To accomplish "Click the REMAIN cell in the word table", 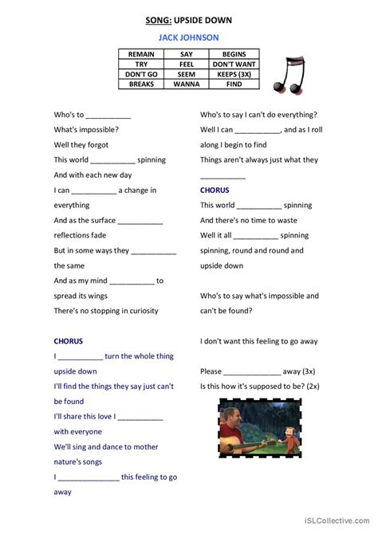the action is point(141,53).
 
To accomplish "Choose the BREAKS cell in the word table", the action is point(141,82).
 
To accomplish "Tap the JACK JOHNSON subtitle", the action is point(189,37).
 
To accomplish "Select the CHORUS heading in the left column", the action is point(69,340).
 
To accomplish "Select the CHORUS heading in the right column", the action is point(215,190).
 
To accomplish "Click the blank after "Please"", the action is point(252,371).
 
